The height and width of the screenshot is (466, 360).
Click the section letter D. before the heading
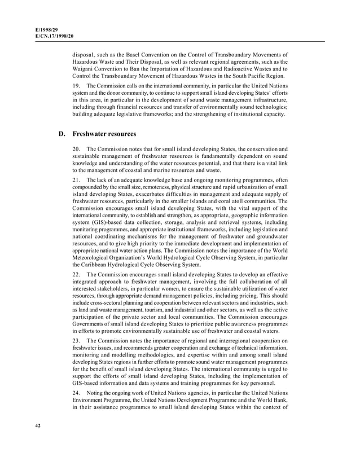point(62,134)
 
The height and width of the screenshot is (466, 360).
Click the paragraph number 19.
point(76,85)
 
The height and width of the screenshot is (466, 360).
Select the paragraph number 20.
point(76,148)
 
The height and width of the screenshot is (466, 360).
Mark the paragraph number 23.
point(76,341)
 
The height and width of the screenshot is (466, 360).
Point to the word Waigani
point(86,69)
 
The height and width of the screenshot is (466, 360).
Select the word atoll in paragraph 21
point(229,200)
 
